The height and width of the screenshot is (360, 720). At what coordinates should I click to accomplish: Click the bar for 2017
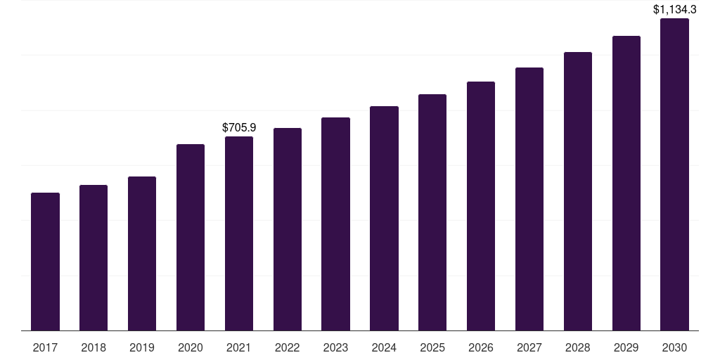pos(45,262)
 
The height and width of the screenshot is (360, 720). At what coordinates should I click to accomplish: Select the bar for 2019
pos(142,253)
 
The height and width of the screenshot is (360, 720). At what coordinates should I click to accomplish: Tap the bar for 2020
pos(191,238)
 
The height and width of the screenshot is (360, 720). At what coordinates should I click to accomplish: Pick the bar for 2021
pos(239,233)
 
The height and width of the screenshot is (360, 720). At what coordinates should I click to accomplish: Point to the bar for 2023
pos(335,224)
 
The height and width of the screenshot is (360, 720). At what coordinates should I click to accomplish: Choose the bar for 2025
pos(432,212)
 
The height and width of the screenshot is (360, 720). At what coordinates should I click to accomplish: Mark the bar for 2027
pos(529,199)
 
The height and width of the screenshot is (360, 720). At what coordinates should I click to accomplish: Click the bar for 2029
pos(626,184)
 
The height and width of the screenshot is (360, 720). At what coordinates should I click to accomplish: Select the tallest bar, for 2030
pos(674,174)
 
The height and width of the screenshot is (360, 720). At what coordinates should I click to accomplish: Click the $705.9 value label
pos(239,128)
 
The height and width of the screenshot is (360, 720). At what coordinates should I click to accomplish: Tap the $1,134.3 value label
pos(674,9)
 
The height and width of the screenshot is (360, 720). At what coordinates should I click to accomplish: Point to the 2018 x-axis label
pos(94,347)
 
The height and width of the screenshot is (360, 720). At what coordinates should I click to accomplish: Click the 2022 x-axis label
pos(288,347)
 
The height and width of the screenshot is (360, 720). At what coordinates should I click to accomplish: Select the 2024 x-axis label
pos(385,347)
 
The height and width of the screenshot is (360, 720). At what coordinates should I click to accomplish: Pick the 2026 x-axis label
pos(481,347)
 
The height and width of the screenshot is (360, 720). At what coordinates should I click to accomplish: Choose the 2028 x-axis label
pos(578,347)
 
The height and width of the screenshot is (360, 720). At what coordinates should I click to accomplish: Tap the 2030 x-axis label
pos(674,347)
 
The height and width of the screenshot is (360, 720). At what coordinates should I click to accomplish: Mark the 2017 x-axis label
pos(45,347)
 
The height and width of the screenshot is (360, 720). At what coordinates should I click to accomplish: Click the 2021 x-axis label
pos(239,347)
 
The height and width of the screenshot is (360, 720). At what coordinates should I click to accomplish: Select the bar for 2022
pos(288,229)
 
